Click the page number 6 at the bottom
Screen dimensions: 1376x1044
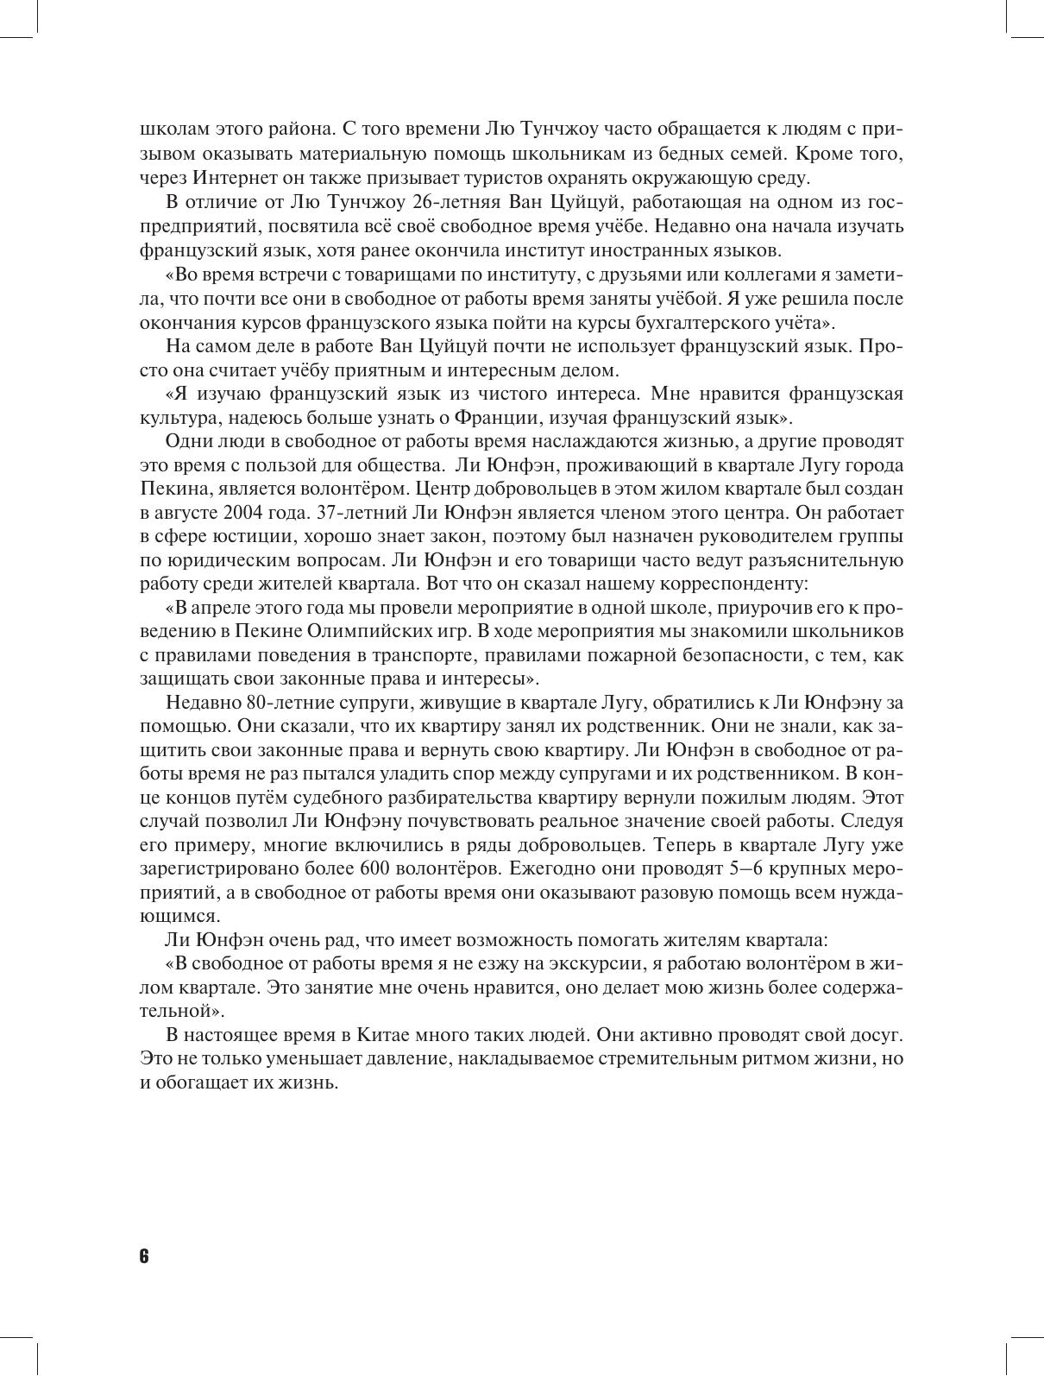tap(143, 1256)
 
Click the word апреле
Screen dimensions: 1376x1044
tap(219, 608)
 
